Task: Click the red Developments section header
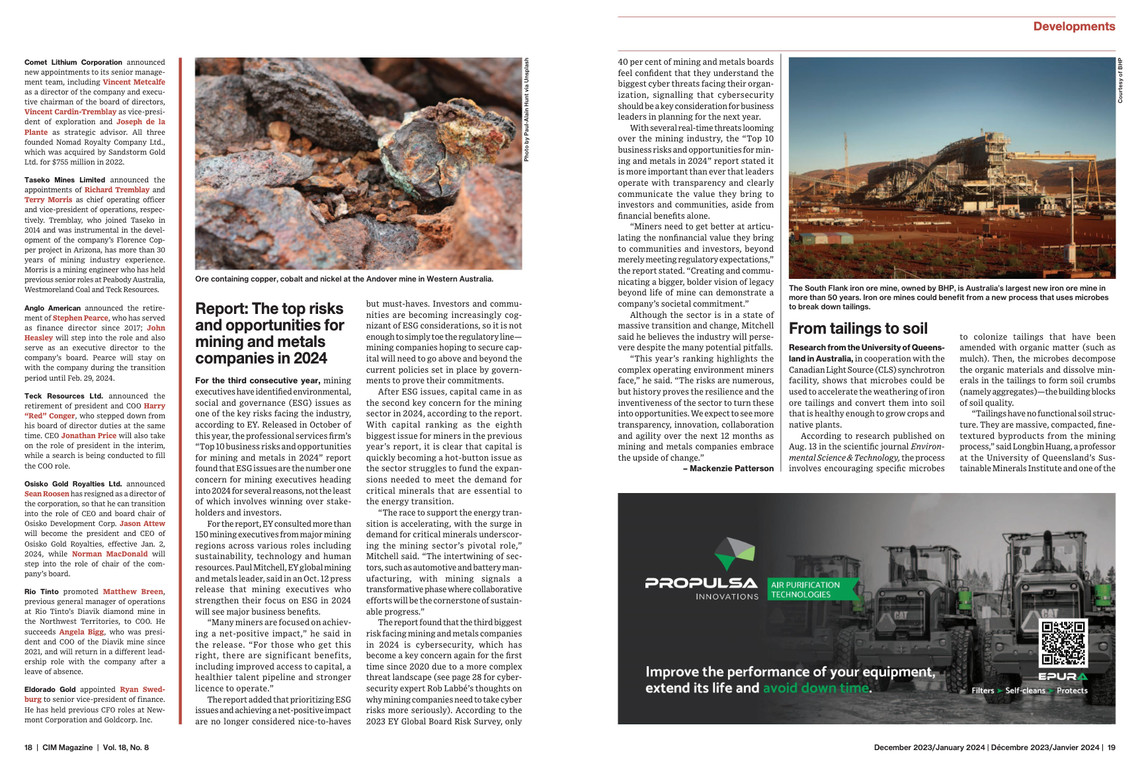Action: click(x=1073, y=26)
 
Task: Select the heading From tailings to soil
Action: click(x=858, y=328)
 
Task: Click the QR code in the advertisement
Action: click(x=1063, y=642)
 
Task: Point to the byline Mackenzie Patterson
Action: click(x=731, y=469)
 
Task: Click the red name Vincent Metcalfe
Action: click(x=134, y=82)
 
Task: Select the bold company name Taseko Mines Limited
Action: click(x=65, y=180)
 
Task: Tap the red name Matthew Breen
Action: click(x=133, y=592)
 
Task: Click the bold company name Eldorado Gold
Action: click(x=50, y=689)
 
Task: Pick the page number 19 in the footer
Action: click(x=1111, y=747)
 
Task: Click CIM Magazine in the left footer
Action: click(x=67, y=747)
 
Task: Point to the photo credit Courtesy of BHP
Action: click(x=1120, y=81)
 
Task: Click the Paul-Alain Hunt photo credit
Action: click(x=526, y=110)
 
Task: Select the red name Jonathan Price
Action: click(x=89, y=436)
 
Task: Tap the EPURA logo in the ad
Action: click(x=1062, y=677)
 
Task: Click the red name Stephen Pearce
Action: click(x=80, y=318)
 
